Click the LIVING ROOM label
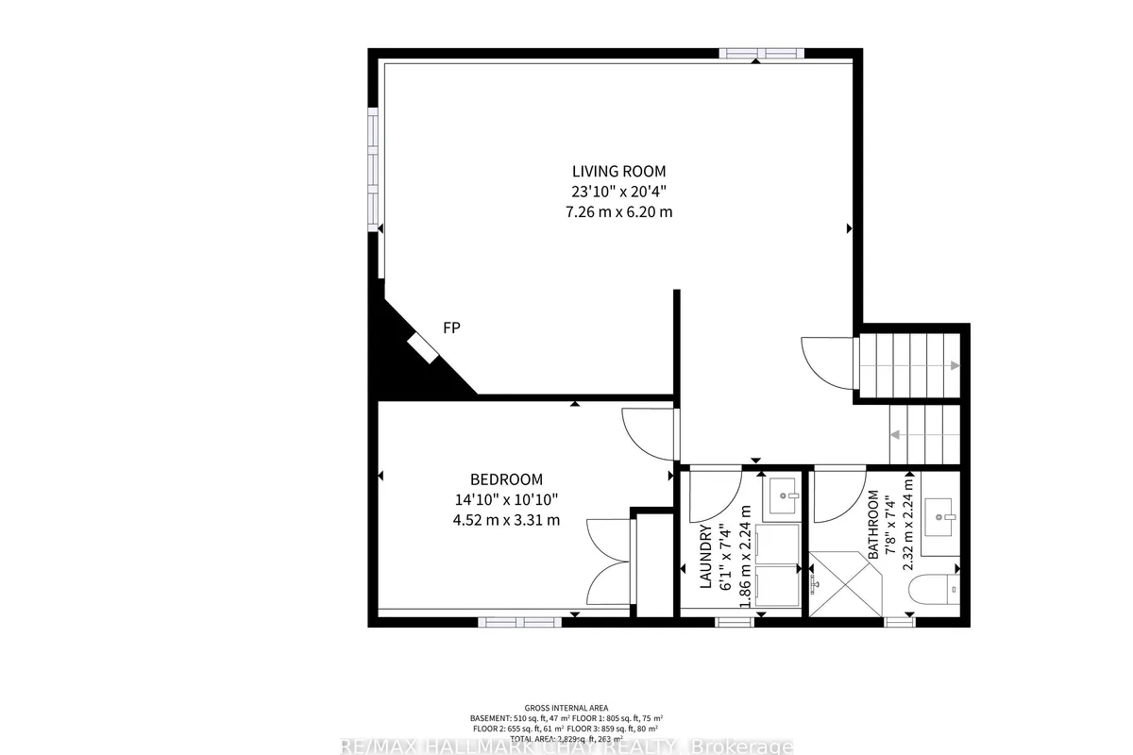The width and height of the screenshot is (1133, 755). coord(618,171)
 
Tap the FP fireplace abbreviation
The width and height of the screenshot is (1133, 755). coord(451,327)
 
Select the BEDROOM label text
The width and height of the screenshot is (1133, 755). coord(507,479)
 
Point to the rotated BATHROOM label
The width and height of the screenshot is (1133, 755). coord(873,524)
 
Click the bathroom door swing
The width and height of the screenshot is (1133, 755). coord(838,495)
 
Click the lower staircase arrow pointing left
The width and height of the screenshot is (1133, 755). coord(895,435)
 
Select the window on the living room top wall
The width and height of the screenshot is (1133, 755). coord(756,54)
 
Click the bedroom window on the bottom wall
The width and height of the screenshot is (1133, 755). coord(519,621)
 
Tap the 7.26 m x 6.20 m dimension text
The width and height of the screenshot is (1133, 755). coord(618,211)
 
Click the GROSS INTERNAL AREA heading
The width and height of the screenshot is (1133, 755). coord(566,708)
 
